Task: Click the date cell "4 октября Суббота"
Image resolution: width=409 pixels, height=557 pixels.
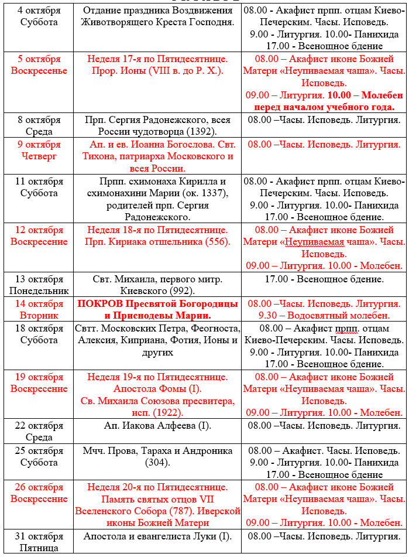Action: (38, 16)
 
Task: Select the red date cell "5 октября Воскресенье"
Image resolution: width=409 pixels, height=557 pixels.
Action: (38, 65)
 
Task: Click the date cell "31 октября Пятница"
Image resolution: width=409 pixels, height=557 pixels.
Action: (38, 542)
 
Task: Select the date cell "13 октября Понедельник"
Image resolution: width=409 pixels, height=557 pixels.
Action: (38, 285)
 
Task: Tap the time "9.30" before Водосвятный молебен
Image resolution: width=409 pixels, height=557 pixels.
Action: (259, 316)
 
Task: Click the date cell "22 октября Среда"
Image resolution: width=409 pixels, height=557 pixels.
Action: (38, 432)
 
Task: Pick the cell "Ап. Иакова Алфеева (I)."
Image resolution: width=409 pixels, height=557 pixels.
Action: (157, 426)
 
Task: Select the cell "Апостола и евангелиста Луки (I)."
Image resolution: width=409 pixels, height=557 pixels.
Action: (157, 537)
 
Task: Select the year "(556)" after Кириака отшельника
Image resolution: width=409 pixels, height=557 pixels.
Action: (216, 242)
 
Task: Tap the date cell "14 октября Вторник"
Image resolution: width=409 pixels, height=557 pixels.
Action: (38, 310)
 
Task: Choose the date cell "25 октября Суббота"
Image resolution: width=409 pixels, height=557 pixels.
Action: (38, 457)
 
